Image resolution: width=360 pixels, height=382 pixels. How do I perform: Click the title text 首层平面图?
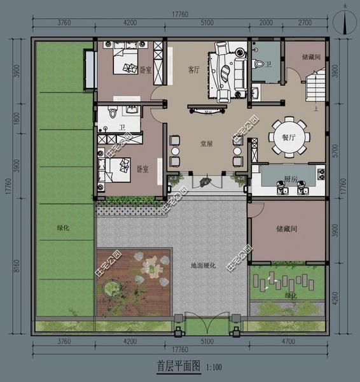click(179, 366)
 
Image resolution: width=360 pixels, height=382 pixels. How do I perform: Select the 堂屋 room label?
click(205, 143)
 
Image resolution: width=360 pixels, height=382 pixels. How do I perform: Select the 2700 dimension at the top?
click(304, 24)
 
